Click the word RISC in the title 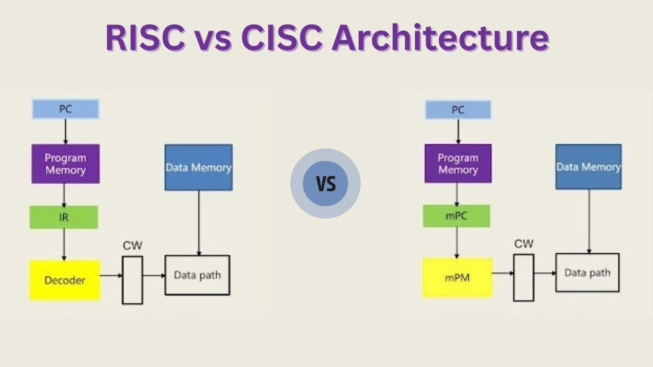pos(145,37)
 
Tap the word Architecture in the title pos(440,37)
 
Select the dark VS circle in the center pos(325,183)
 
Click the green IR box pos(64,217)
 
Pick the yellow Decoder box pos(65,280)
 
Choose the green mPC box pos(457,216)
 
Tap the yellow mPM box pos(457,278)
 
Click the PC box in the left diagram pos(65,109)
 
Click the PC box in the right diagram pos(458,110)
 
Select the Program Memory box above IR pos(65,164)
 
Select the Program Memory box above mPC pos(458,163)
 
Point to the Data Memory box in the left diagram pos(198,167)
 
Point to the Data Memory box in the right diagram pos(588,167)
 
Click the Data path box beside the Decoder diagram pos(197,275)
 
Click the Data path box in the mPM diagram pos(587,273)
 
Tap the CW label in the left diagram pos(133,246)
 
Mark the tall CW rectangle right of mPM pos(523,277)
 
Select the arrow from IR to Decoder pos(64,244)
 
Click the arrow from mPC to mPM pos(457,243)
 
